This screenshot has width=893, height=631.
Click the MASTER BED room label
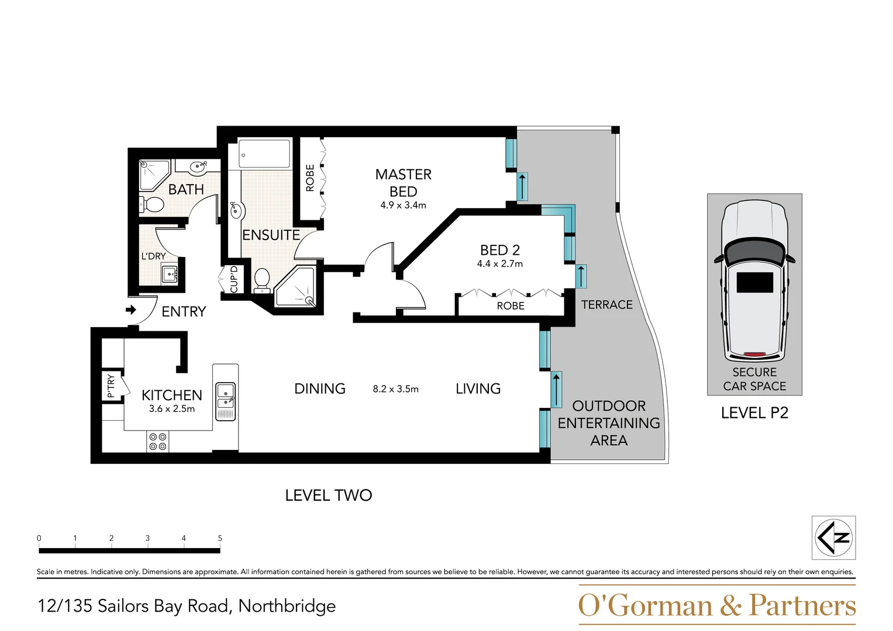point(403,183)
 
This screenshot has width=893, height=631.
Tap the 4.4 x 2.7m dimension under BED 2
point(499,264)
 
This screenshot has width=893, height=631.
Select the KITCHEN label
point(171,396)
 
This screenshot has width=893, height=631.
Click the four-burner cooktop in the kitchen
point(158,442)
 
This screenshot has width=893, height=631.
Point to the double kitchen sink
point(225,401)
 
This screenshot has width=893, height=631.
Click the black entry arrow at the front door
point(131,310)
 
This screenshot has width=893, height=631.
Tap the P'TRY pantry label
point(111,386)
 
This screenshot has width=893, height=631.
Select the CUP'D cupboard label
point(234,279)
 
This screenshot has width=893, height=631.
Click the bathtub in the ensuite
point(264,154)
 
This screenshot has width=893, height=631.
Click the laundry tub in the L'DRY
point(170,273)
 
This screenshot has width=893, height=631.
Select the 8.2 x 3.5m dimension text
point(395,389)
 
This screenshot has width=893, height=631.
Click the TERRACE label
point(606,305)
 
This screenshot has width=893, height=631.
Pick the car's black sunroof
point(754,282)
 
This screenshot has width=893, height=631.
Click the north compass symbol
point(833,538)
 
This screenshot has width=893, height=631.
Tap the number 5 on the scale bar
point(220,538)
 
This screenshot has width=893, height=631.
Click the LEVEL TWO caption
point(328,495)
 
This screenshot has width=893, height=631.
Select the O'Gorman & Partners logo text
point(716,605)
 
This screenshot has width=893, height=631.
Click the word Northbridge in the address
point(287,606)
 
